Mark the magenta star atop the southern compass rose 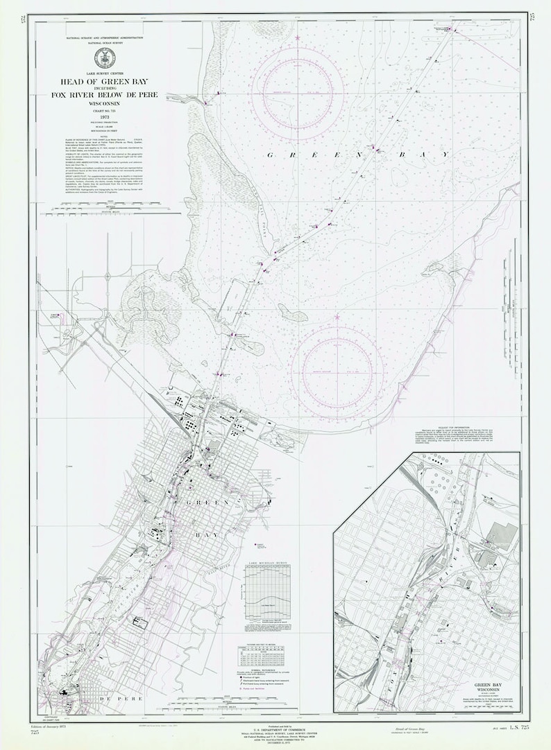click(337, 317)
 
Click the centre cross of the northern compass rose click(298, 92)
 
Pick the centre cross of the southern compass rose click(337, 372)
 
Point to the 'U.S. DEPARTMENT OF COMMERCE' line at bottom click(275, 728)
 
